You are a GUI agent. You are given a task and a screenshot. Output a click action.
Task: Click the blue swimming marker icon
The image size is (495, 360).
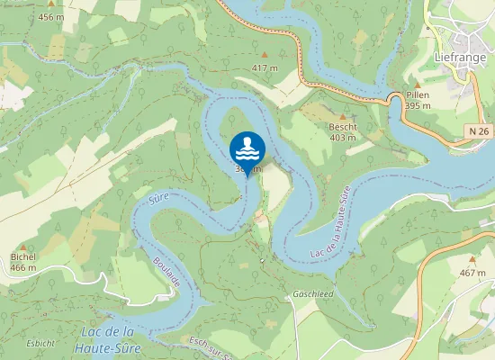(247, 146)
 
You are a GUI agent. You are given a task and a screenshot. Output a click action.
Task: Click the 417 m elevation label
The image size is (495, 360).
(265, 68)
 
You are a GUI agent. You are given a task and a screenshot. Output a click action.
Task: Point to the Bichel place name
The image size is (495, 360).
(22, 257)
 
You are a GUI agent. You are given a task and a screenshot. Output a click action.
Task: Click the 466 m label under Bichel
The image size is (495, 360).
(22, 267)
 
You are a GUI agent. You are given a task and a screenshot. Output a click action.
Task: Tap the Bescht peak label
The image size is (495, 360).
(343, 127)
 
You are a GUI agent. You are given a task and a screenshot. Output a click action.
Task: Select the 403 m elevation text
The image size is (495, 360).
(343, 138)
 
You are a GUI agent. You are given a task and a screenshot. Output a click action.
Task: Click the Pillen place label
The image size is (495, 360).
(418, 94)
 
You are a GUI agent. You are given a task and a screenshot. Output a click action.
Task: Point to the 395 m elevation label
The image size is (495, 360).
(418, 105)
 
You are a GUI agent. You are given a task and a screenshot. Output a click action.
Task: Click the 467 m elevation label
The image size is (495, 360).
(472, 273)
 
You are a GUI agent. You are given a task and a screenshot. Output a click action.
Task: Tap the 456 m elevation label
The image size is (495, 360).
(51, 17)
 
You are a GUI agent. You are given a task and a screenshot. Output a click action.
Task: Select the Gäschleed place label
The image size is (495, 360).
(312, 294)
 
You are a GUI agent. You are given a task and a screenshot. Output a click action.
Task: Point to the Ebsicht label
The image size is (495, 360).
(40, 343)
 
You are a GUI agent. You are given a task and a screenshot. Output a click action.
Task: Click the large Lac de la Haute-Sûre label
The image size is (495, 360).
(105, 338)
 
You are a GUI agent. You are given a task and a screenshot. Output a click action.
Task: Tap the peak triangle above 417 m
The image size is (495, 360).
(264, 57)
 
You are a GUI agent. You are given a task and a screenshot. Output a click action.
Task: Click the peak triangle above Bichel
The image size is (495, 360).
(23, 246)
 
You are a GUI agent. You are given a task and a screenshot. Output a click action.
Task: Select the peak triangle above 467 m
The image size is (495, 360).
(472, 260)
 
